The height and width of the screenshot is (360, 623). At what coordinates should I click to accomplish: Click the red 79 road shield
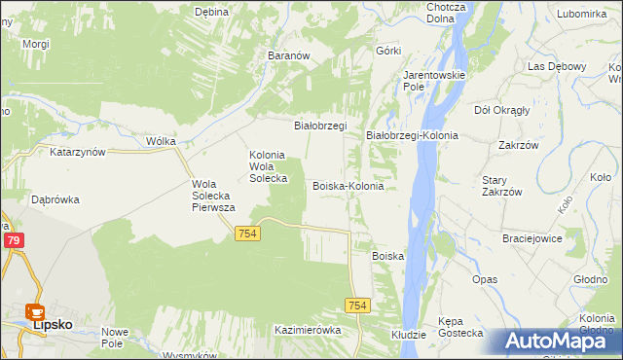point(13,240)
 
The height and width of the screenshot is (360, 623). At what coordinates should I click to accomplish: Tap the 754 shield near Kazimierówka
point(357,306)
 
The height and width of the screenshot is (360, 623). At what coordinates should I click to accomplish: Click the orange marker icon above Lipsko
point(35,312)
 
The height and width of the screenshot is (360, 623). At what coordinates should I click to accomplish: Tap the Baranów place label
point(288,56)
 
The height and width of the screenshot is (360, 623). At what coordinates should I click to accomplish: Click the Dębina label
point(211,12)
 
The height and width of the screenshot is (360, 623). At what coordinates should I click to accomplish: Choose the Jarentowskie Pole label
point(435,80)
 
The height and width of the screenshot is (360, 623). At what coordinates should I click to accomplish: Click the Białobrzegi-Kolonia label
point(412,135)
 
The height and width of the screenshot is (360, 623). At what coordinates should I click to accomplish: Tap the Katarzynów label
point(77,153)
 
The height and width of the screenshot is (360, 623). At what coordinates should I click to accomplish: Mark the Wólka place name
point(161,141)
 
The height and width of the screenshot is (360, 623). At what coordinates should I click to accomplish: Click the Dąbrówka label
point(55,198)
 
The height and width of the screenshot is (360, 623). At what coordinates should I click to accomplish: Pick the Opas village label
point(485,279)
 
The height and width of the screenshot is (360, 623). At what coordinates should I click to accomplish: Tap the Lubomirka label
point(582,14)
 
